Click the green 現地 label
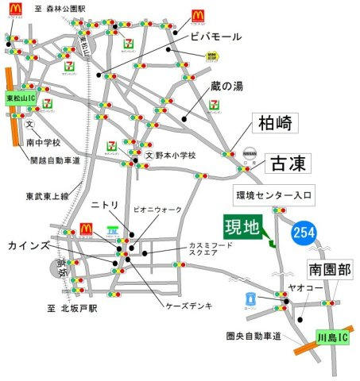coord(242,229)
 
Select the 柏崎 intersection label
coord(274,124)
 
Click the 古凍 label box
coord(285,164)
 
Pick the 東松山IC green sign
coord(17,98)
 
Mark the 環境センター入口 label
coord(275,194)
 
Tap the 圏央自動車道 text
coord(254,337)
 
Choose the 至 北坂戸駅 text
coord(72,307)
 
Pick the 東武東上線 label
coord(48,195)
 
